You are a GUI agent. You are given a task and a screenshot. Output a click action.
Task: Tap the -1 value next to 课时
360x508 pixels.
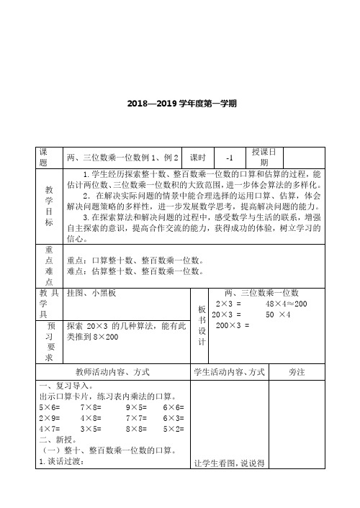click(x=230, y=158)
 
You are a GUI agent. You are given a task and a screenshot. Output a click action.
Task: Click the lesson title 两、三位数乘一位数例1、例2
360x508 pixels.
click(x=122, y=158)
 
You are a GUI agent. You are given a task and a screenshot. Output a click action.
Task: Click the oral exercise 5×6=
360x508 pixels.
click(x=51, y=407)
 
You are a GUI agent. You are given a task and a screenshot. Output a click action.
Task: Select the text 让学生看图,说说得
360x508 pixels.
click(x=225, y=483)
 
